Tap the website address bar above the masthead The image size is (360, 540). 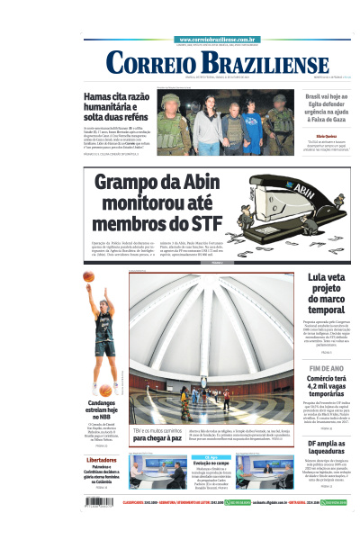pos(219,40)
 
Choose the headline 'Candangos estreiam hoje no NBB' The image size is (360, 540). pos(101,409)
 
